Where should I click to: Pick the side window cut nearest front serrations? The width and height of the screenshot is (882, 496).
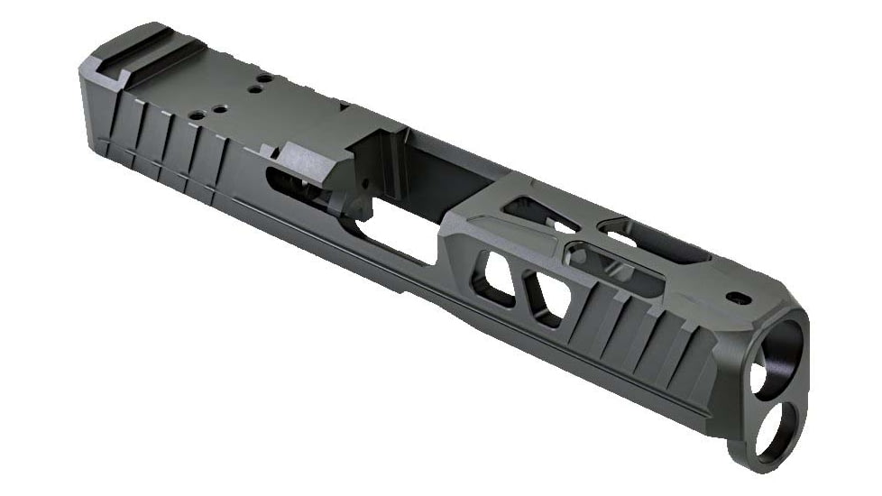click(x=548, y=298)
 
